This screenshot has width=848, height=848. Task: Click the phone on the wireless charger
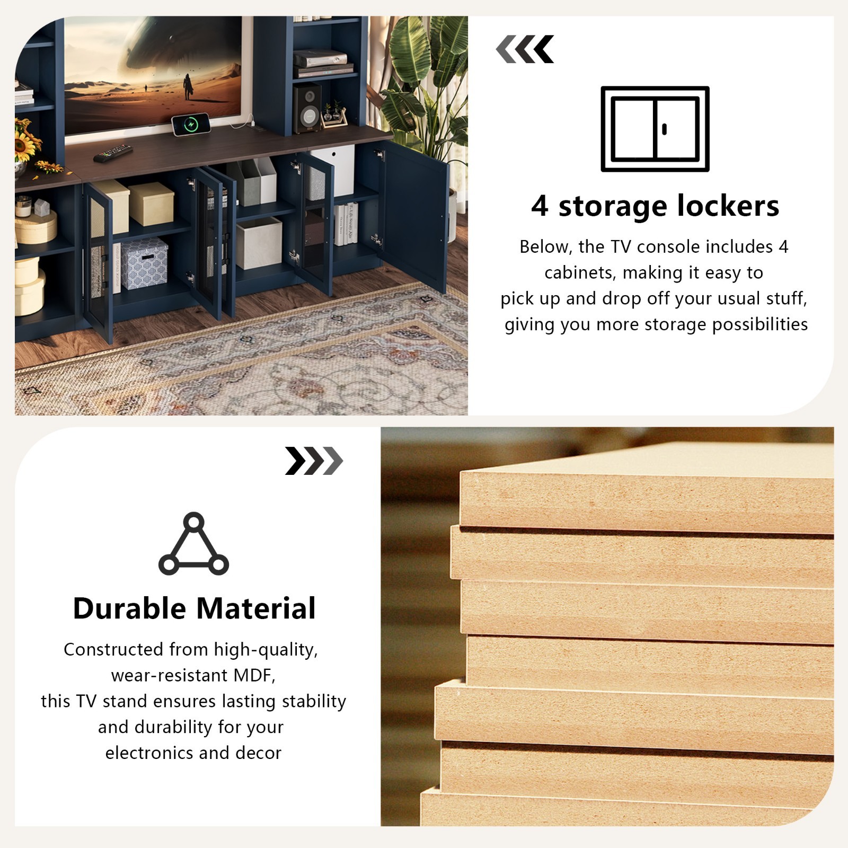pyautogui.click(x=191, y=125)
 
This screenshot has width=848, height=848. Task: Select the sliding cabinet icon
pyautogui.click(x=655, y=129)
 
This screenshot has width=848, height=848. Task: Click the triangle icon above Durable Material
pyautogui.click(x=193, y=544)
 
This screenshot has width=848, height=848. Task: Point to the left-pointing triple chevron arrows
pyautogui.click(x=525, y=49)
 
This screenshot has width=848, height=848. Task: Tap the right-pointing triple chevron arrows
pyautogui.click(x=314, y=461)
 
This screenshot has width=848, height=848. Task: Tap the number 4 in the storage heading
pyautogui.click(x=540, y=206)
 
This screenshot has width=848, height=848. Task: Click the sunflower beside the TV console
pyautogui.click(x=28, y=139)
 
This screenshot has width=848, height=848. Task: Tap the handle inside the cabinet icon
pyautogui.click(x=665, y=129)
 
